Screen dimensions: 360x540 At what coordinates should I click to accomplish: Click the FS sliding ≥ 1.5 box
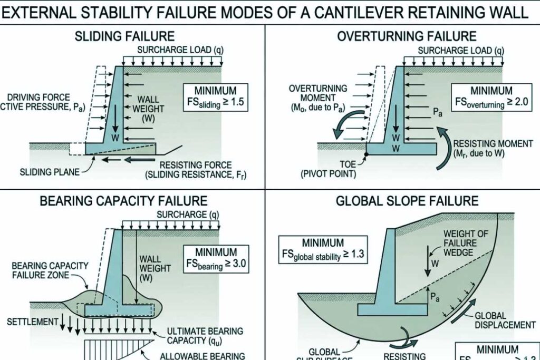pyautogui.click(x=215, y=96)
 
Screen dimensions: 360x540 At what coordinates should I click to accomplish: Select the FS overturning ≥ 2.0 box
pyautogui.click(x=491, y=96)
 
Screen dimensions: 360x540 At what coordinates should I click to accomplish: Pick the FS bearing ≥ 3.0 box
pyautogui.click(x=215, y=258)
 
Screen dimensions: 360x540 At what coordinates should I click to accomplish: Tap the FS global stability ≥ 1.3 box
pyautogui.click(x=323, y=249)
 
